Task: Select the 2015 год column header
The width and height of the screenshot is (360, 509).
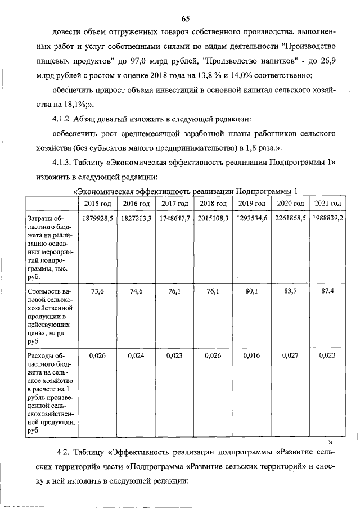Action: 98,204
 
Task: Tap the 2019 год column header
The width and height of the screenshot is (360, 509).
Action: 251,204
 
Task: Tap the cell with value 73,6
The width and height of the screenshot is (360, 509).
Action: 98,291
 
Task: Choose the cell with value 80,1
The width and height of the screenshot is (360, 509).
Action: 251,291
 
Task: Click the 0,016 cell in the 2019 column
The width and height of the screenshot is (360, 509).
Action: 251,355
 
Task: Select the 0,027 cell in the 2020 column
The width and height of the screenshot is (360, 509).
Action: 290,355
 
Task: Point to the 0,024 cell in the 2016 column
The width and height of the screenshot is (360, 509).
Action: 136,355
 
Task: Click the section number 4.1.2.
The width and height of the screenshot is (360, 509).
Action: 62,119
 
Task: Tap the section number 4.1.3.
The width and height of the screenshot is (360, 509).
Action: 62,163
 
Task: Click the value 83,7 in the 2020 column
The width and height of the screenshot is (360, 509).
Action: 290,291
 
